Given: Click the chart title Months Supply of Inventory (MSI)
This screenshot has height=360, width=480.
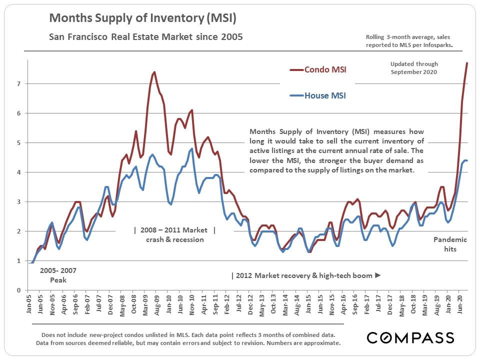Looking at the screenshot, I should coord(142,19).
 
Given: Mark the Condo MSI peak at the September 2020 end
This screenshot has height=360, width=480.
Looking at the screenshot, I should coord(467,63).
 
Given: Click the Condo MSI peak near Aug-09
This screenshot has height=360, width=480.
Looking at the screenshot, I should coord(154,72).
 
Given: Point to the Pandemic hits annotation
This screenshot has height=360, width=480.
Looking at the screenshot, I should coord(450,244).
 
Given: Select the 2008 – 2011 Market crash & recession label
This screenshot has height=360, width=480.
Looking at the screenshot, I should coord(175,235).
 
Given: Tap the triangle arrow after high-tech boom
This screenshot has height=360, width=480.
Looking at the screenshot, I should coord(377,275).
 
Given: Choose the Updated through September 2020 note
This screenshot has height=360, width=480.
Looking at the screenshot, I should coord(414,67).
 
